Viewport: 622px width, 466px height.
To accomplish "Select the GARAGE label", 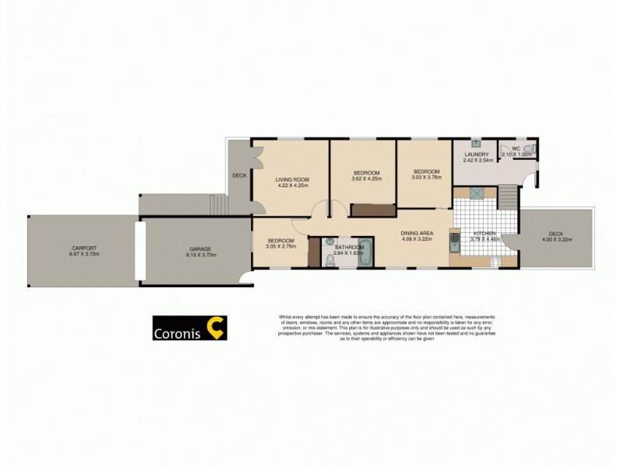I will pyautogui.click(x=198, y=249).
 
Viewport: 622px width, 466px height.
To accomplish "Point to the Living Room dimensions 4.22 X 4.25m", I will pyautogui.click(x=292, y=186).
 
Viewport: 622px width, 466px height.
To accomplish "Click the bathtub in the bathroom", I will pyautogui.click(x=366, y=255).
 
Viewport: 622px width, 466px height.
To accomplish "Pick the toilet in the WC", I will pyautogui.click(x=526, y=149).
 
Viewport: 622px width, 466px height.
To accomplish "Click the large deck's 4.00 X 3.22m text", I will pyautogui.click(x=556, y=240).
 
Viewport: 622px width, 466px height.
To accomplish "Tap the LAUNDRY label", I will pyautogui.click(x=476, y=155).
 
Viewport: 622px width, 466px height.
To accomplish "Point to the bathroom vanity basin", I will pyautogui.click(x=330, y=241).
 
